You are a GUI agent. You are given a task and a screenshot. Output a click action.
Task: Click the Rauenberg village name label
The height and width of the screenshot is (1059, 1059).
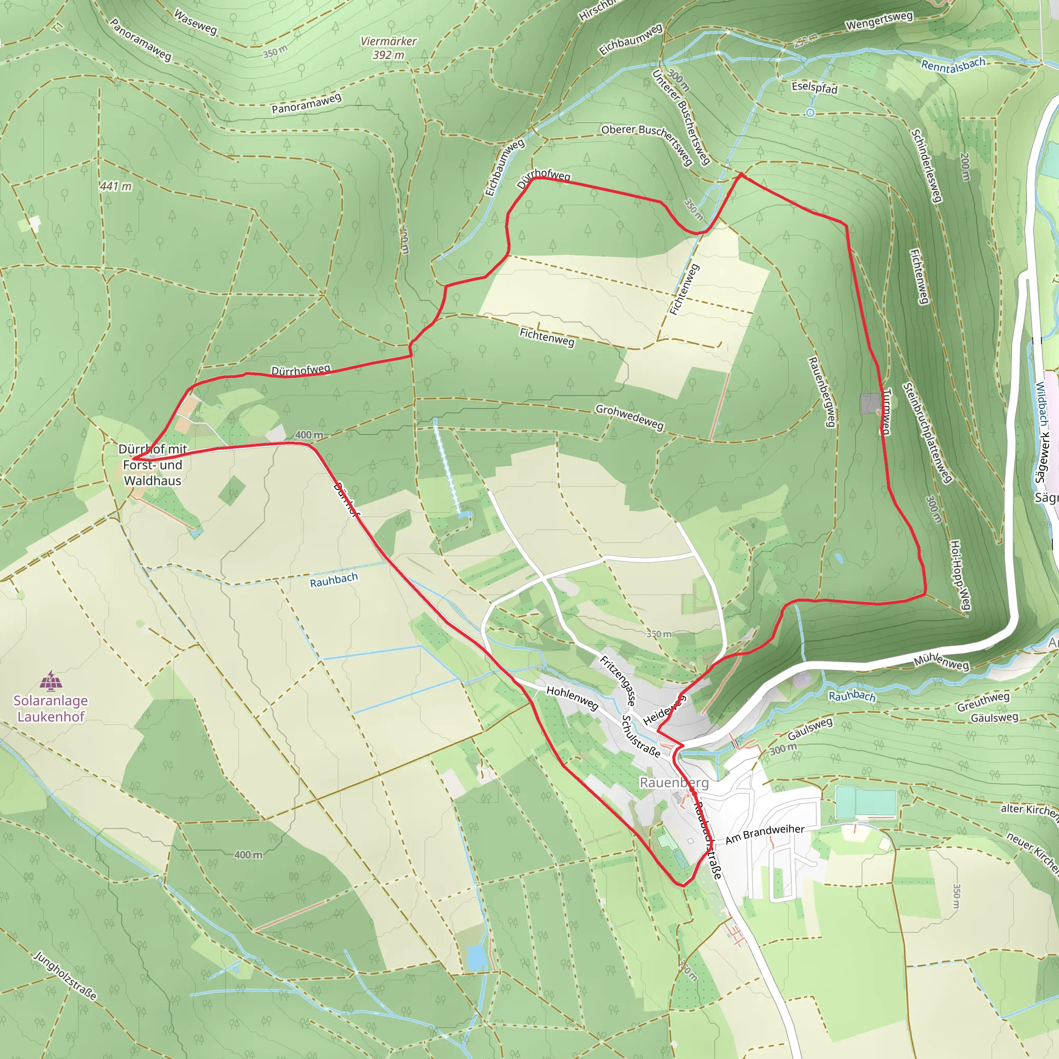(x=674, y=783)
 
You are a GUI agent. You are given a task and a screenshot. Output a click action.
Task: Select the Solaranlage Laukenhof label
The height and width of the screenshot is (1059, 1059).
(x=51, y=709)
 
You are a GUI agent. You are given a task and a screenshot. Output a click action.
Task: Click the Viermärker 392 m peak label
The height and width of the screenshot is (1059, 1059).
(x=389, y=48)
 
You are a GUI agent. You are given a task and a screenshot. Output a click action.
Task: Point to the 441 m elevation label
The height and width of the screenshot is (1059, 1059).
(x=116, y=186)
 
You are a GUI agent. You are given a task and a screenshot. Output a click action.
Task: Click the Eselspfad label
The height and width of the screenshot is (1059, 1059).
(x=814, y=88)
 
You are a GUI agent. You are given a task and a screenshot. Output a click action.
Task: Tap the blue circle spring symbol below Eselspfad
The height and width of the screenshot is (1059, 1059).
(x=810, y=113)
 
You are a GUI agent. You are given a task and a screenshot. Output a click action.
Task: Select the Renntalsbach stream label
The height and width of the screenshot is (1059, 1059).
(x=953, y=65)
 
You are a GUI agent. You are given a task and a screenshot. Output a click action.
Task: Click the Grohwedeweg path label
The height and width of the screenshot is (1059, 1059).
(x=629, y=417)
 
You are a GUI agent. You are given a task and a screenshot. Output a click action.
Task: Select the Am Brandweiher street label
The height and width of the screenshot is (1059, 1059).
(x=765, y=834)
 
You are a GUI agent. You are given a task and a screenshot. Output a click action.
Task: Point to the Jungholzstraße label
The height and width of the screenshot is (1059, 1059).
(x=65, y=976)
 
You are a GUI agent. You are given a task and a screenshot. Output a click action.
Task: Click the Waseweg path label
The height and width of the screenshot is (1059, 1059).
(x=195, y=22)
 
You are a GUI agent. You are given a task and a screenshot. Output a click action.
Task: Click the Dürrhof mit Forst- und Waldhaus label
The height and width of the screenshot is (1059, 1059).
(x=153, y=465)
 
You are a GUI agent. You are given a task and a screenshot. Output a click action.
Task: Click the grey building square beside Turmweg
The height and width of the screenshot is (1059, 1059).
(x=870, y=403)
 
